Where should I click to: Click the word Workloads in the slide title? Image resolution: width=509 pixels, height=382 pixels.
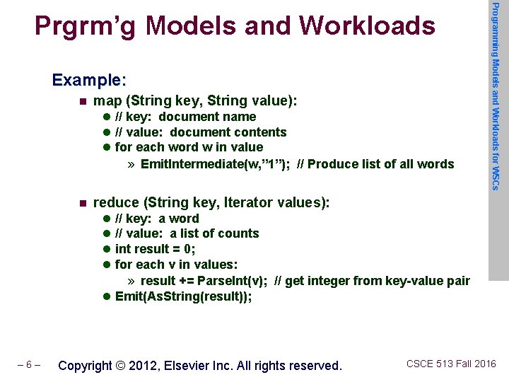367,25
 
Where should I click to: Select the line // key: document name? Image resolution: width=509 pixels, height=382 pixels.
185,117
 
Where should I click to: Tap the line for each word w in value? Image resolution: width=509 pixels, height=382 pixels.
189,147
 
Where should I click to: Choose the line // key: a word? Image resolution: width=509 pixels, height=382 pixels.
157,219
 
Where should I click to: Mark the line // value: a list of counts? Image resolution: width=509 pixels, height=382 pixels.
187,233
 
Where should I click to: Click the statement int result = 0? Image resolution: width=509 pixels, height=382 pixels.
155,249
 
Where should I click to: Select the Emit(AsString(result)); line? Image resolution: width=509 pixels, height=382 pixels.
183,296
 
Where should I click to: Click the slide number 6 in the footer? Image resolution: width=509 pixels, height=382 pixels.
30,366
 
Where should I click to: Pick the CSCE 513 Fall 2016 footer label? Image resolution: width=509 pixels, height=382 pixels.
451,364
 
